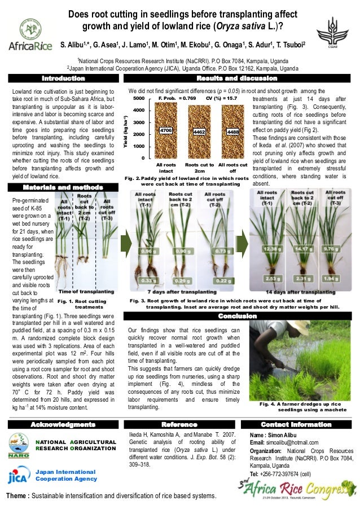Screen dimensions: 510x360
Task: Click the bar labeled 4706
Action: tap(166, 131)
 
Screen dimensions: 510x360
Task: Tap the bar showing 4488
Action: tap(232, 131)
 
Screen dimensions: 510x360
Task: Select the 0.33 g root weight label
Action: tap(148, 280)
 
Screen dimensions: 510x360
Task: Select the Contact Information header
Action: tap(296, 424)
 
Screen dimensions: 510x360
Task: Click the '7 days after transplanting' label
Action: tap(181, 292)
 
